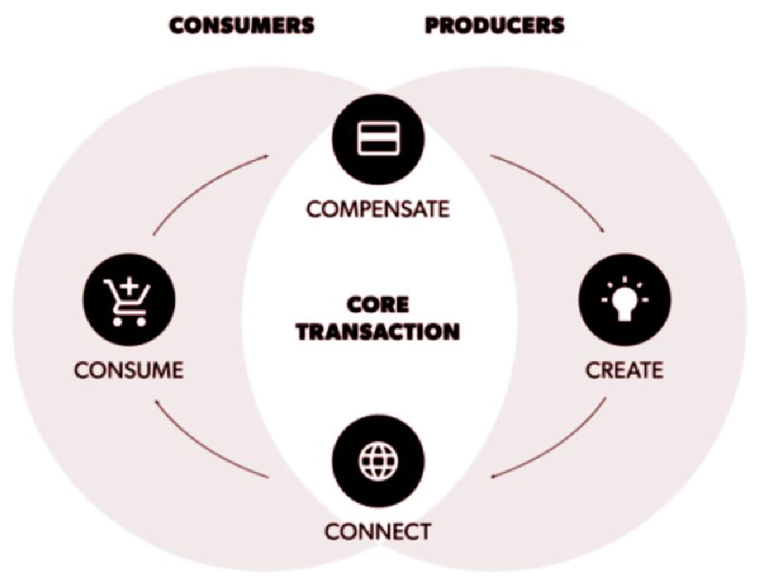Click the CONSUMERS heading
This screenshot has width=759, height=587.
point(242,25)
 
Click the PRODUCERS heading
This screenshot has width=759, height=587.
point(495,25)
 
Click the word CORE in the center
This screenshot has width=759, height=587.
point(379,305)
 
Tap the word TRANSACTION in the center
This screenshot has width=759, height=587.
point(379,331)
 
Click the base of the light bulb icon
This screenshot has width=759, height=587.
point(625,316)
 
